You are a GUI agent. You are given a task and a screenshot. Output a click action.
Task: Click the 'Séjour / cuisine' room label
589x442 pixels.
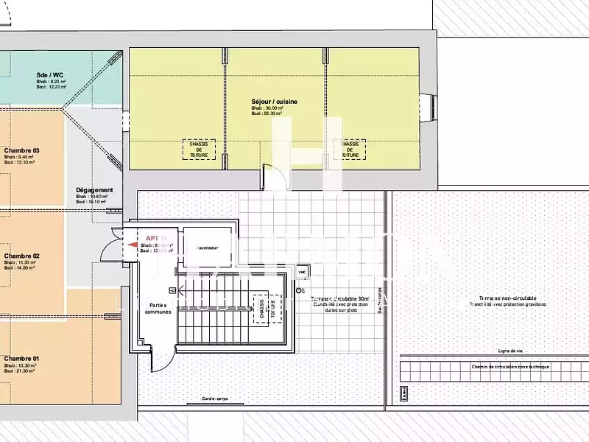point(274,101)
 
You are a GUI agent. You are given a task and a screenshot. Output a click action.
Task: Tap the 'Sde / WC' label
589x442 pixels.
point(50,74)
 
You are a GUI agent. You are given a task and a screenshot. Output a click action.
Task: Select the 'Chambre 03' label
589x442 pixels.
point(21,150)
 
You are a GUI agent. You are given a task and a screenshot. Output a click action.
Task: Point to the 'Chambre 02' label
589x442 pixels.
point(21,256)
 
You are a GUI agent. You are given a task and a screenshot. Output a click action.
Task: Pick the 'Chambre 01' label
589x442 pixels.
point(21,358)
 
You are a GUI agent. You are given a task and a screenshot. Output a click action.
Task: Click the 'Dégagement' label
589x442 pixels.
point(94,190)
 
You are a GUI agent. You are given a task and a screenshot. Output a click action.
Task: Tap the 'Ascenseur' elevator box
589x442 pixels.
point(208,248)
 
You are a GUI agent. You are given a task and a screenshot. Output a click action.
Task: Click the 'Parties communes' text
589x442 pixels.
point(158,308)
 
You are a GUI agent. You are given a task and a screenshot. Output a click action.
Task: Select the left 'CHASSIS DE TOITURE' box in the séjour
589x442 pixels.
point(199,150)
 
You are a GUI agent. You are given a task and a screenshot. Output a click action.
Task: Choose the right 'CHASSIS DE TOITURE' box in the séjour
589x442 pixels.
point(350,150)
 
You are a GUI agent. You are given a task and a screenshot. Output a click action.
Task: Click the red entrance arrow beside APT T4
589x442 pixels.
point(133,245)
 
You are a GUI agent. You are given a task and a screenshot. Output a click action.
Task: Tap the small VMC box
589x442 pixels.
point(301,272)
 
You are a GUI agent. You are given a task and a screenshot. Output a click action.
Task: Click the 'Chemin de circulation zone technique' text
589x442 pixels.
point(510,366)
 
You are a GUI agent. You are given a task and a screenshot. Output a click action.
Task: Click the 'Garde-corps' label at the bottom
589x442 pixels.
point(216,399)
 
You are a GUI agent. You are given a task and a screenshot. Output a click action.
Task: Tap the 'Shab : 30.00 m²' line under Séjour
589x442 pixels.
point(267,108)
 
